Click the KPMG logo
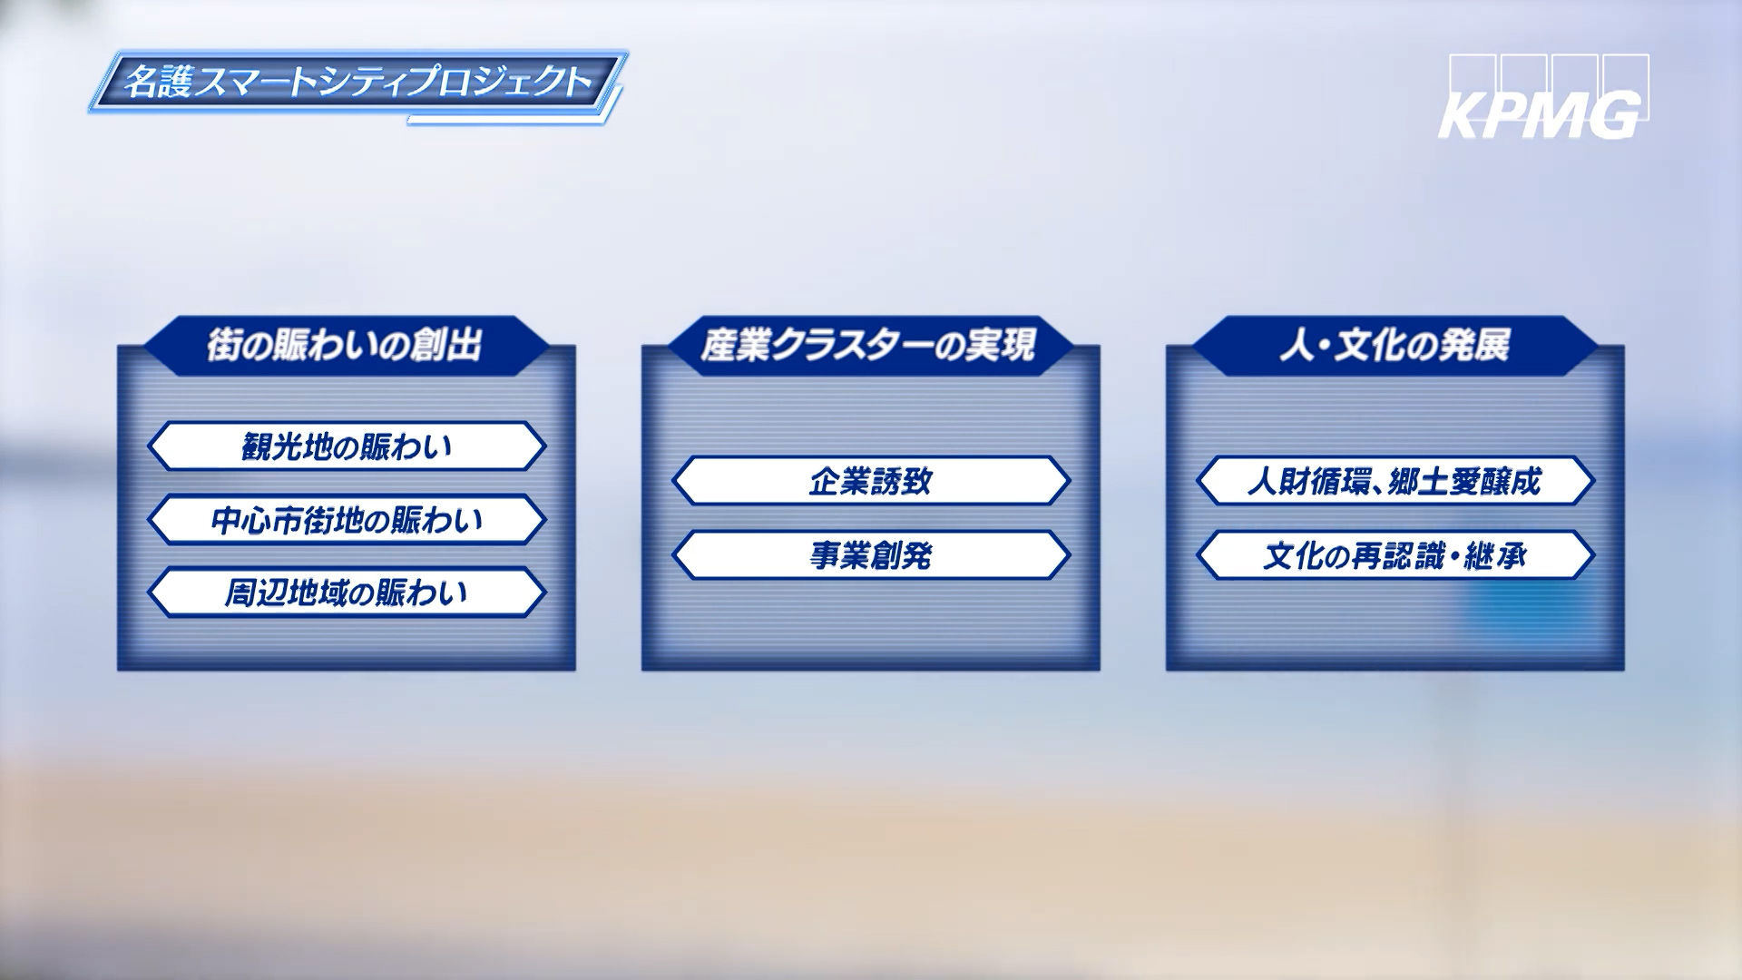coord(1543,97)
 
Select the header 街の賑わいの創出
coord(346,346)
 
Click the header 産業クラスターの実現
coord(869,346)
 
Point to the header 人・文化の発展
coord(1395,346)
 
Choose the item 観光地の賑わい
coord(347,446)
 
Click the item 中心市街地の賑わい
coord(347,520)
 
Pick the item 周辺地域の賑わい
coord(347,593)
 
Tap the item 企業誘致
coord(871,481)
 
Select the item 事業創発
coord(871,555)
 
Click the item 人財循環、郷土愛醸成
coord(1395,481)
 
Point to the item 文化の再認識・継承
coord(1395,555)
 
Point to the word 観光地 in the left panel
coord(287,447)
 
